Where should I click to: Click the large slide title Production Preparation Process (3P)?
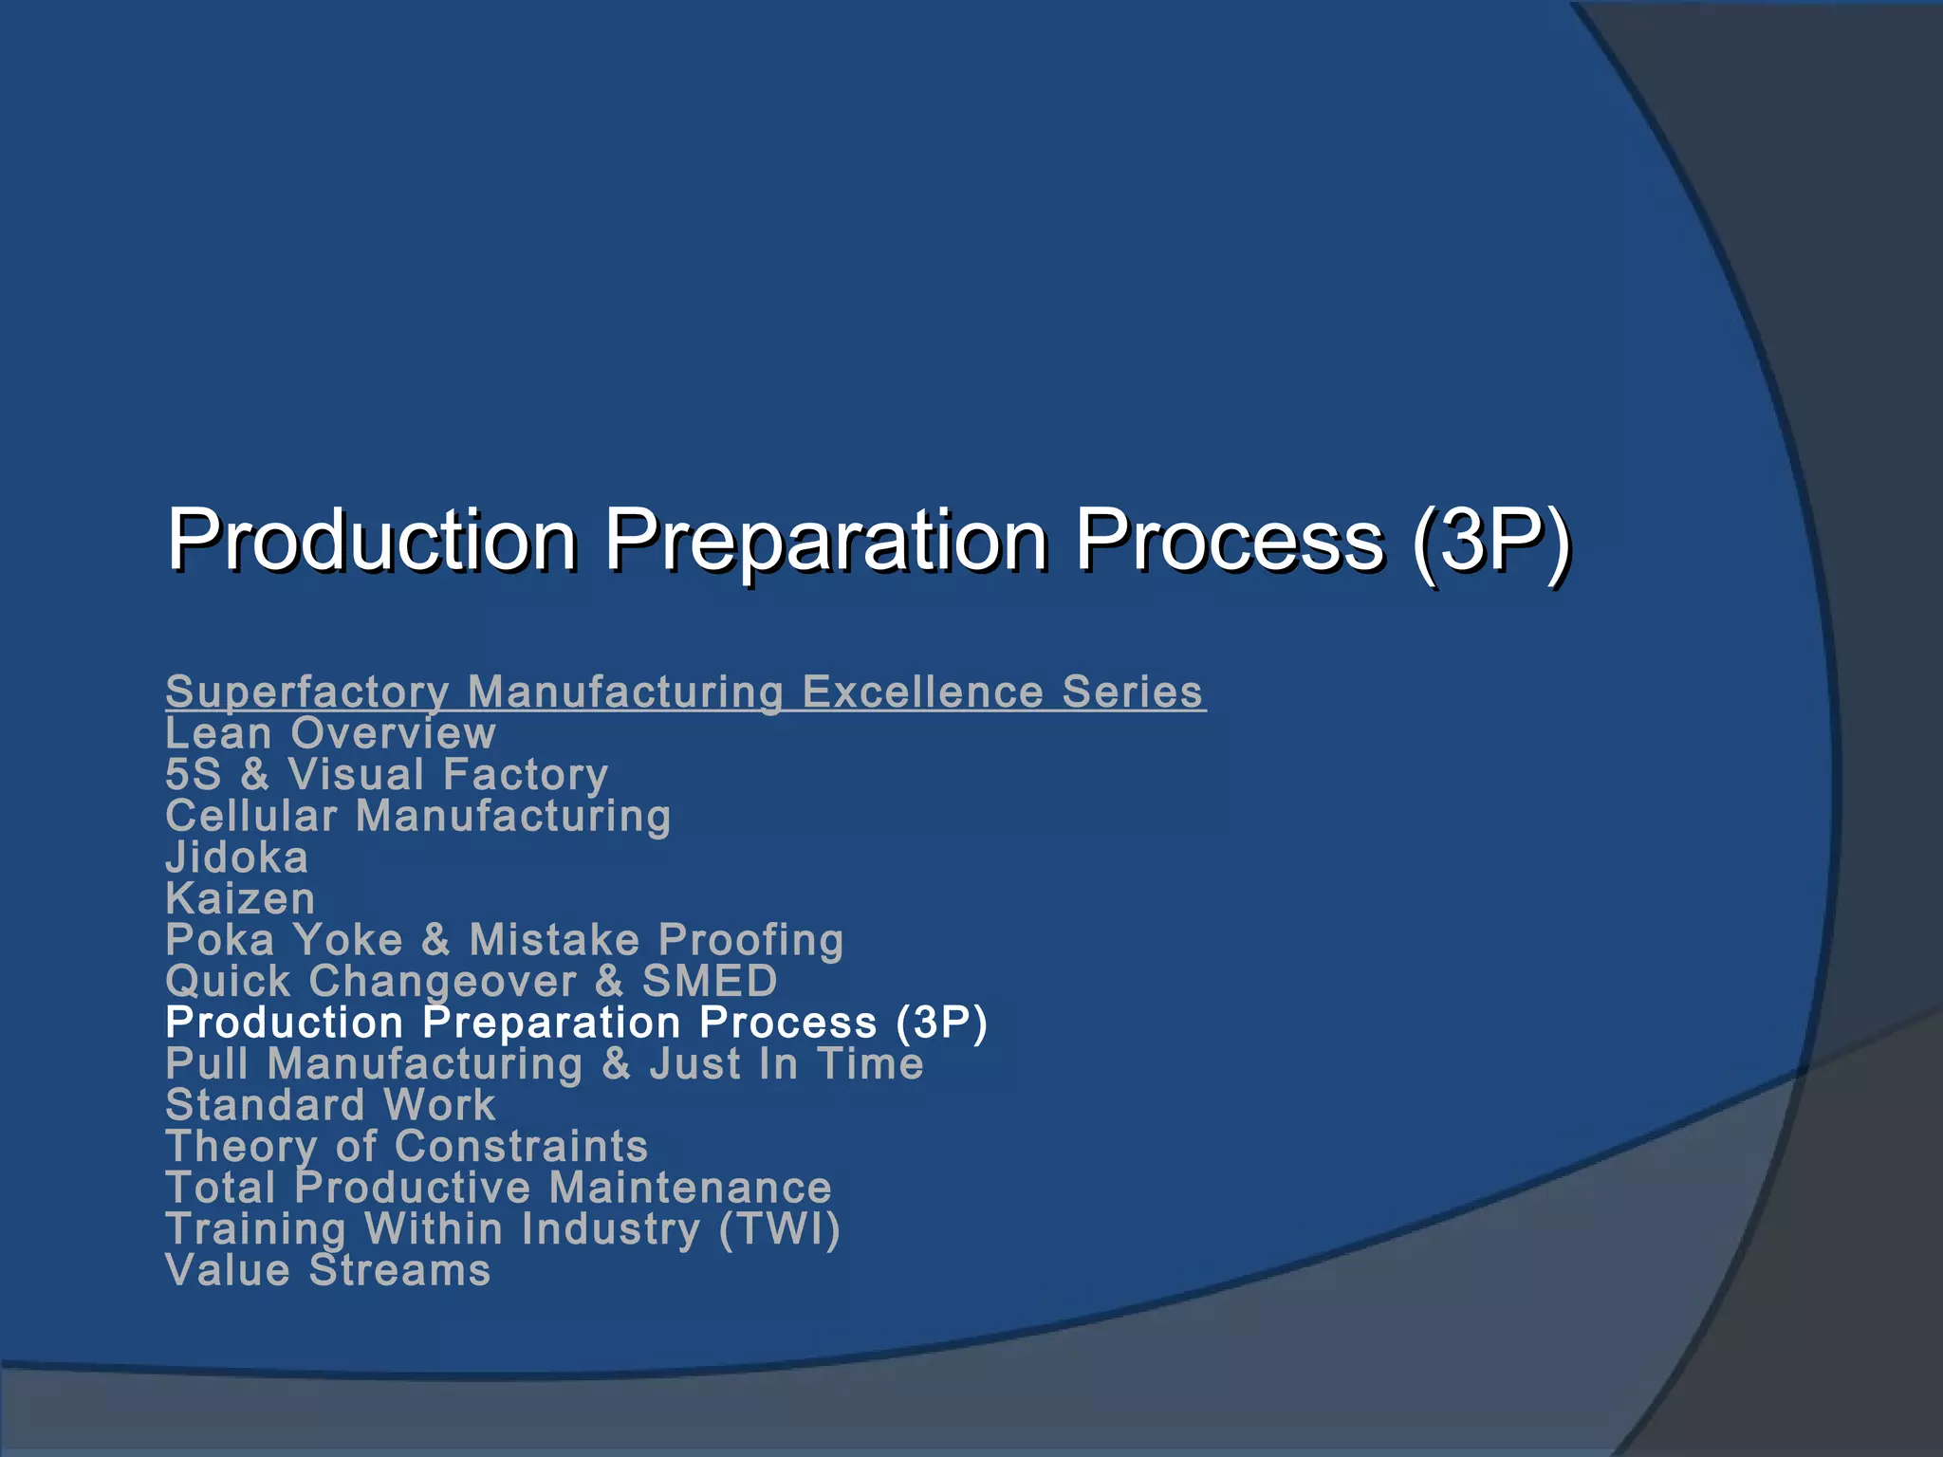868,541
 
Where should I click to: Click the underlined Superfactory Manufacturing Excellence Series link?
685,692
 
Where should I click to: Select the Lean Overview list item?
330,733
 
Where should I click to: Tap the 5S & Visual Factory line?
386,775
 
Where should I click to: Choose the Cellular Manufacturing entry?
417,816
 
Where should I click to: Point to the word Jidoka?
236,858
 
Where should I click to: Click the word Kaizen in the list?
240,898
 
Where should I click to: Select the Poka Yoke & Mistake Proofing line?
504,940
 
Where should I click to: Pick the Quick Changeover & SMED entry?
471,981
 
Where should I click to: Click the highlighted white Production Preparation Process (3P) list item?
576,1023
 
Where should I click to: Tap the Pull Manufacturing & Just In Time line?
544,1063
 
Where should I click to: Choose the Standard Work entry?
330,1105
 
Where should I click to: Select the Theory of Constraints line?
406,1146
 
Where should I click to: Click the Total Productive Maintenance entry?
498,1188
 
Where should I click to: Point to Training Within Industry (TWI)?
503,1229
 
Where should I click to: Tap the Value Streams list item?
327,1270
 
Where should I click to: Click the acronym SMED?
710,981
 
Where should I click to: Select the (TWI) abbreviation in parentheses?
779,1229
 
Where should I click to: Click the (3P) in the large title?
1490,541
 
